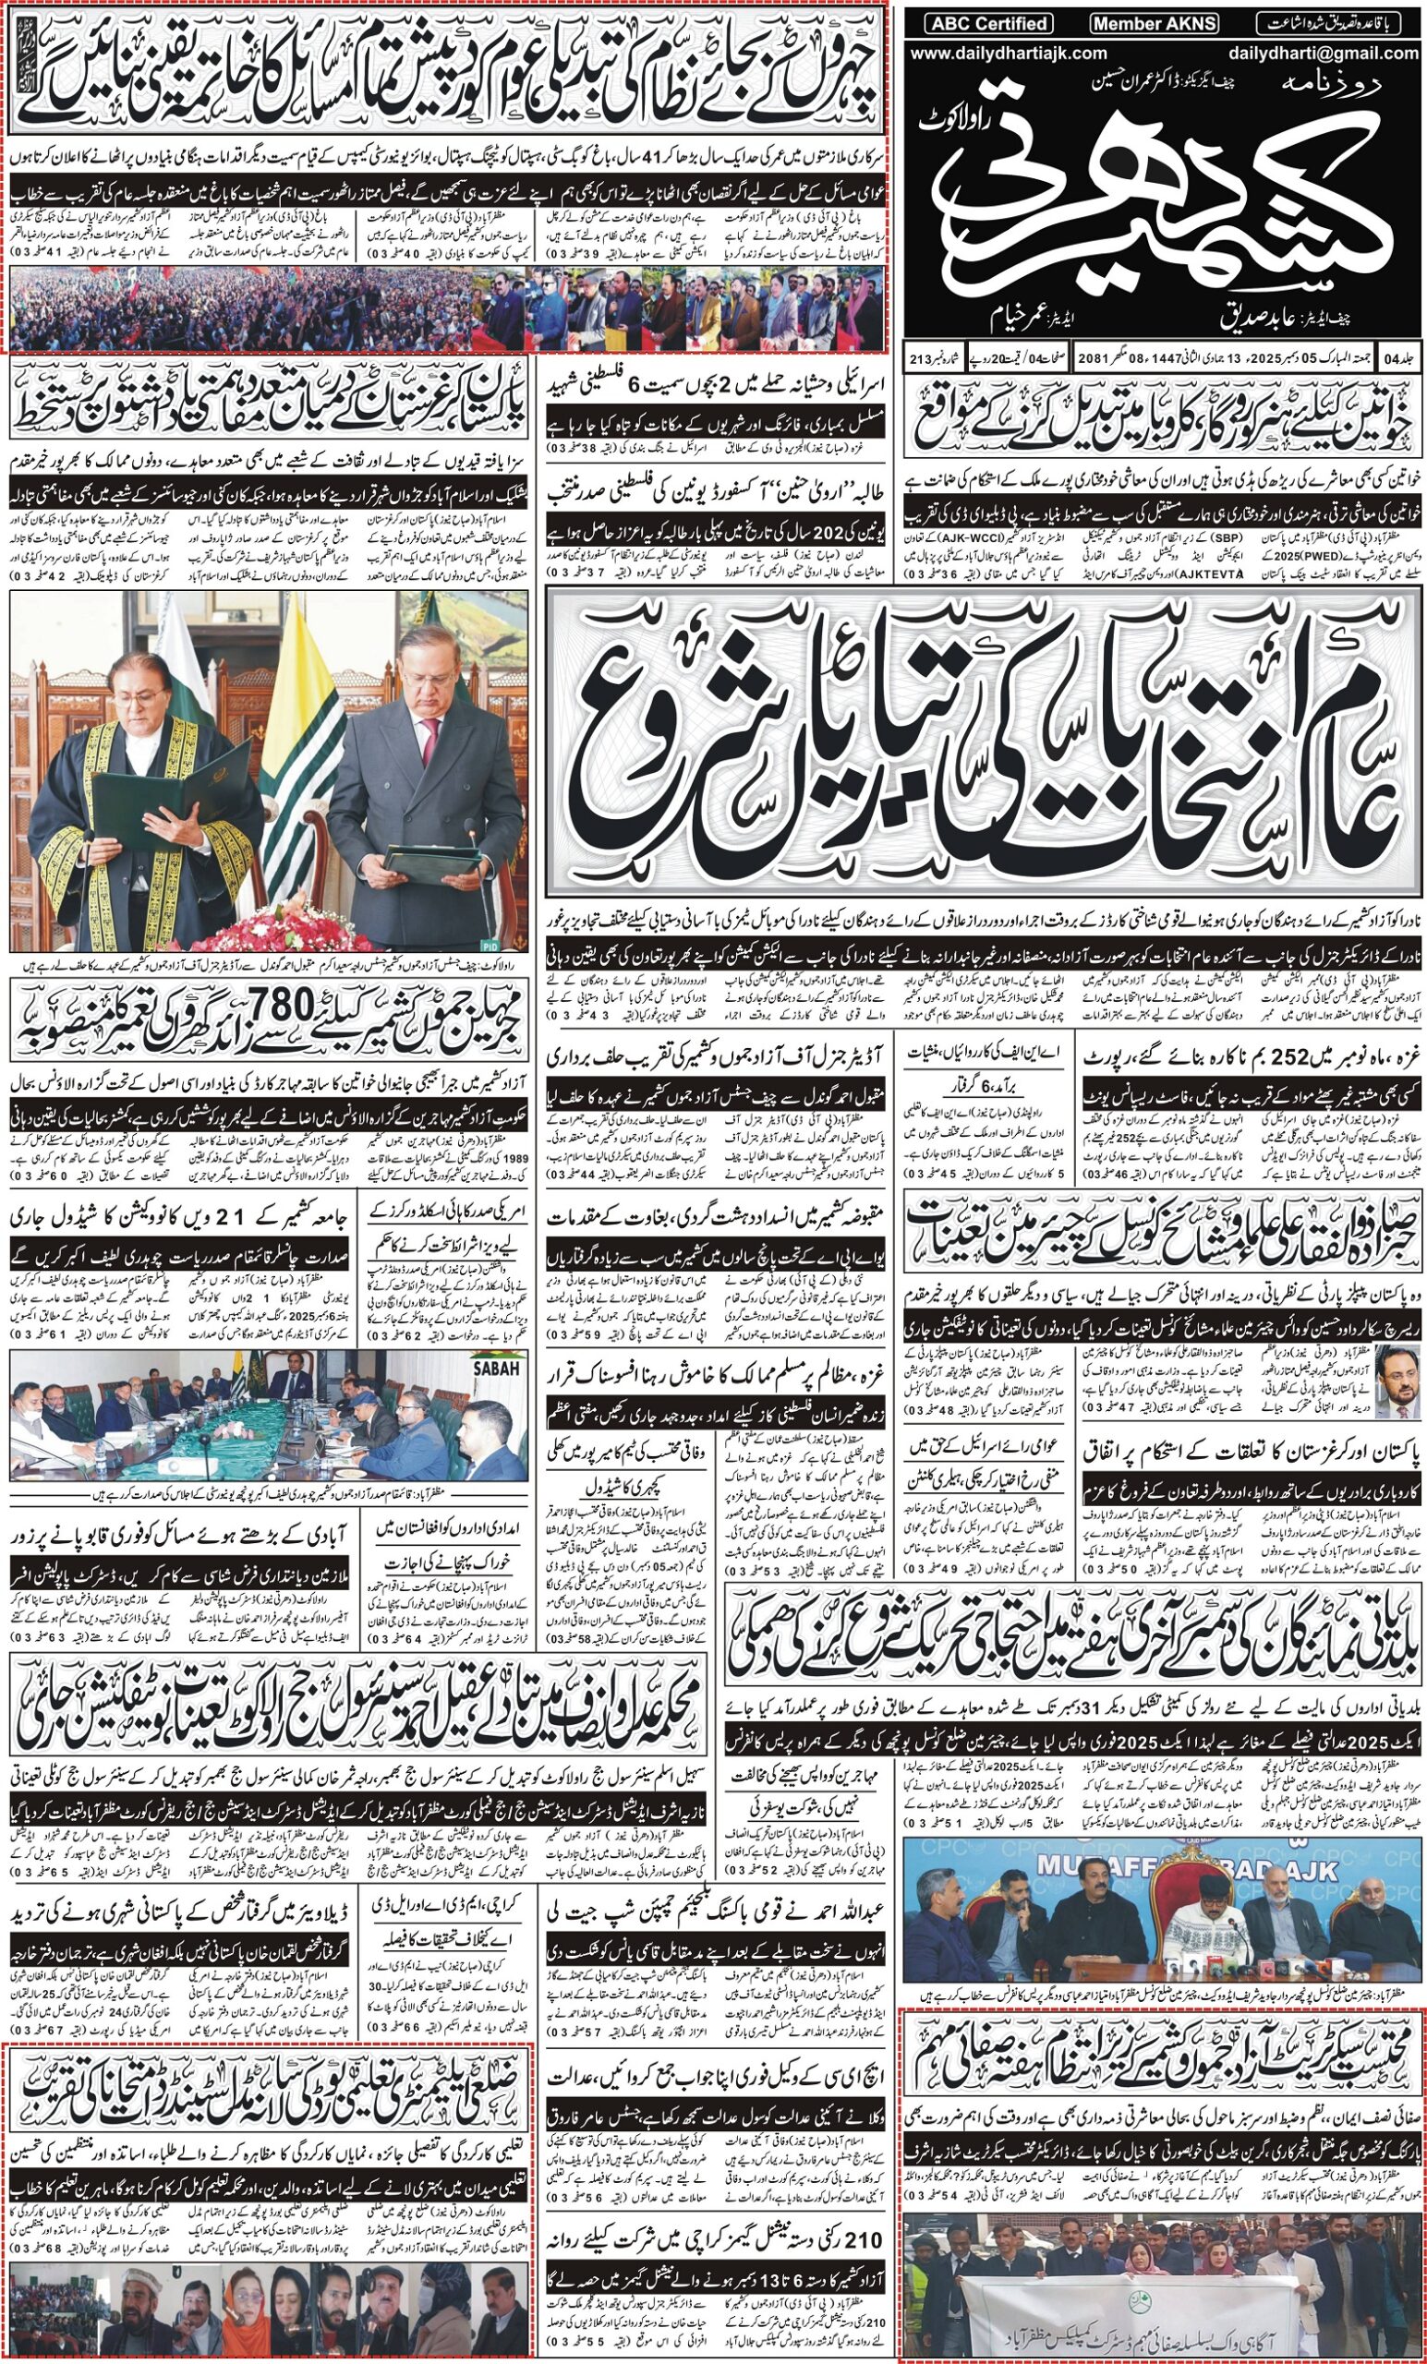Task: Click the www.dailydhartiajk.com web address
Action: click(1007, 54)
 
